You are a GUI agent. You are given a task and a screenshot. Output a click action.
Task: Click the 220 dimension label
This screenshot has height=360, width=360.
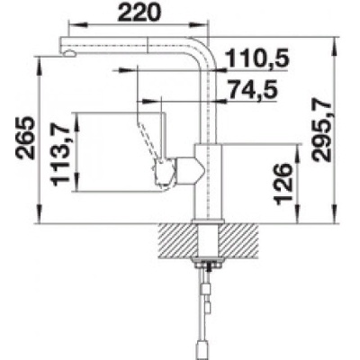[139, 13]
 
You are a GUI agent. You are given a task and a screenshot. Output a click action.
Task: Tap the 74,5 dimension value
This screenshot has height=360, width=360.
[252, 89]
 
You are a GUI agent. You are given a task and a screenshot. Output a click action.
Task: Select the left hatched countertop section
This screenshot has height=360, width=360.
[175, 239]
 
